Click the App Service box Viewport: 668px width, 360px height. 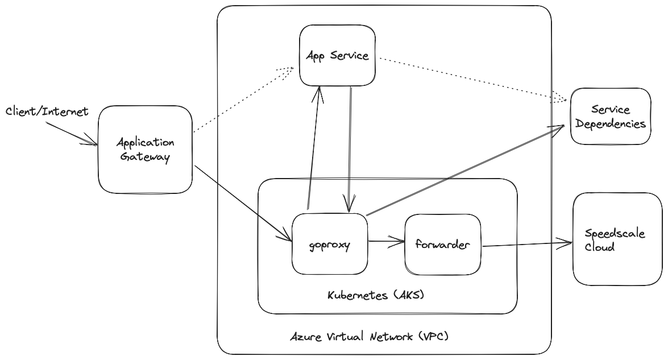[337, 55]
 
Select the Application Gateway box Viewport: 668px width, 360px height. [146, 150]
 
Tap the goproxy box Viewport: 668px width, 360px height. [330, 244]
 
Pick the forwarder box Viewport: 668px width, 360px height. [443, 245]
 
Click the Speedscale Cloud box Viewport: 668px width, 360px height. [618, 239]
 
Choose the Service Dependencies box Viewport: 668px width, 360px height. [611, 117]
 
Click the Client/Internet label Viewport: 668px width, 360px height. [47, 111]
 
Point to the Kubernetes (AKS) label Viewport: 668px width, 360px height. [376, 295]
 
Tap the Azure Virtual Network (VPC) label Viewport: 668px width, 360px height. [370, 337]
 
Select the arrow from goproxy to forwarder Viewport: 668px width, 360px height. [387, 242]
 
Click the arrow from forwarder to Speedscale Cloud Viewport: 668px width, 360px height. [527, 245]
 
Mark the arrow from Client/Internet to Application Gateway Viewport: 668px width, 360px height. [72, 134]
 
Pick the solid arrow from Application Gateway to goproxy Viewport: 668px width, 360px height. [243, 203]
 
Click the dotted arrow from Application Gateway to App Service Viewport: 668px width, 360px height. [243, 100]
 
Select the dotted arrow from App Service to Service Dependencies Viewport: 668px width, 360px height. [474, 80]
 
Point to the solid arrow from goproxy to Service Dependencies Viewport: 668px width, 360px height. [466, 171]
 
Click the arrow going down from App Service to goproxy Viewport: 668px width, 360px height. [350, 150]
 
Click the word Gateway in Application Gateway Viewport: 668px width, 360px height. [145, 157]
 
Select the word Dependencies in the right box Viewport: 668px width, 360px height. [611, 124]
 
